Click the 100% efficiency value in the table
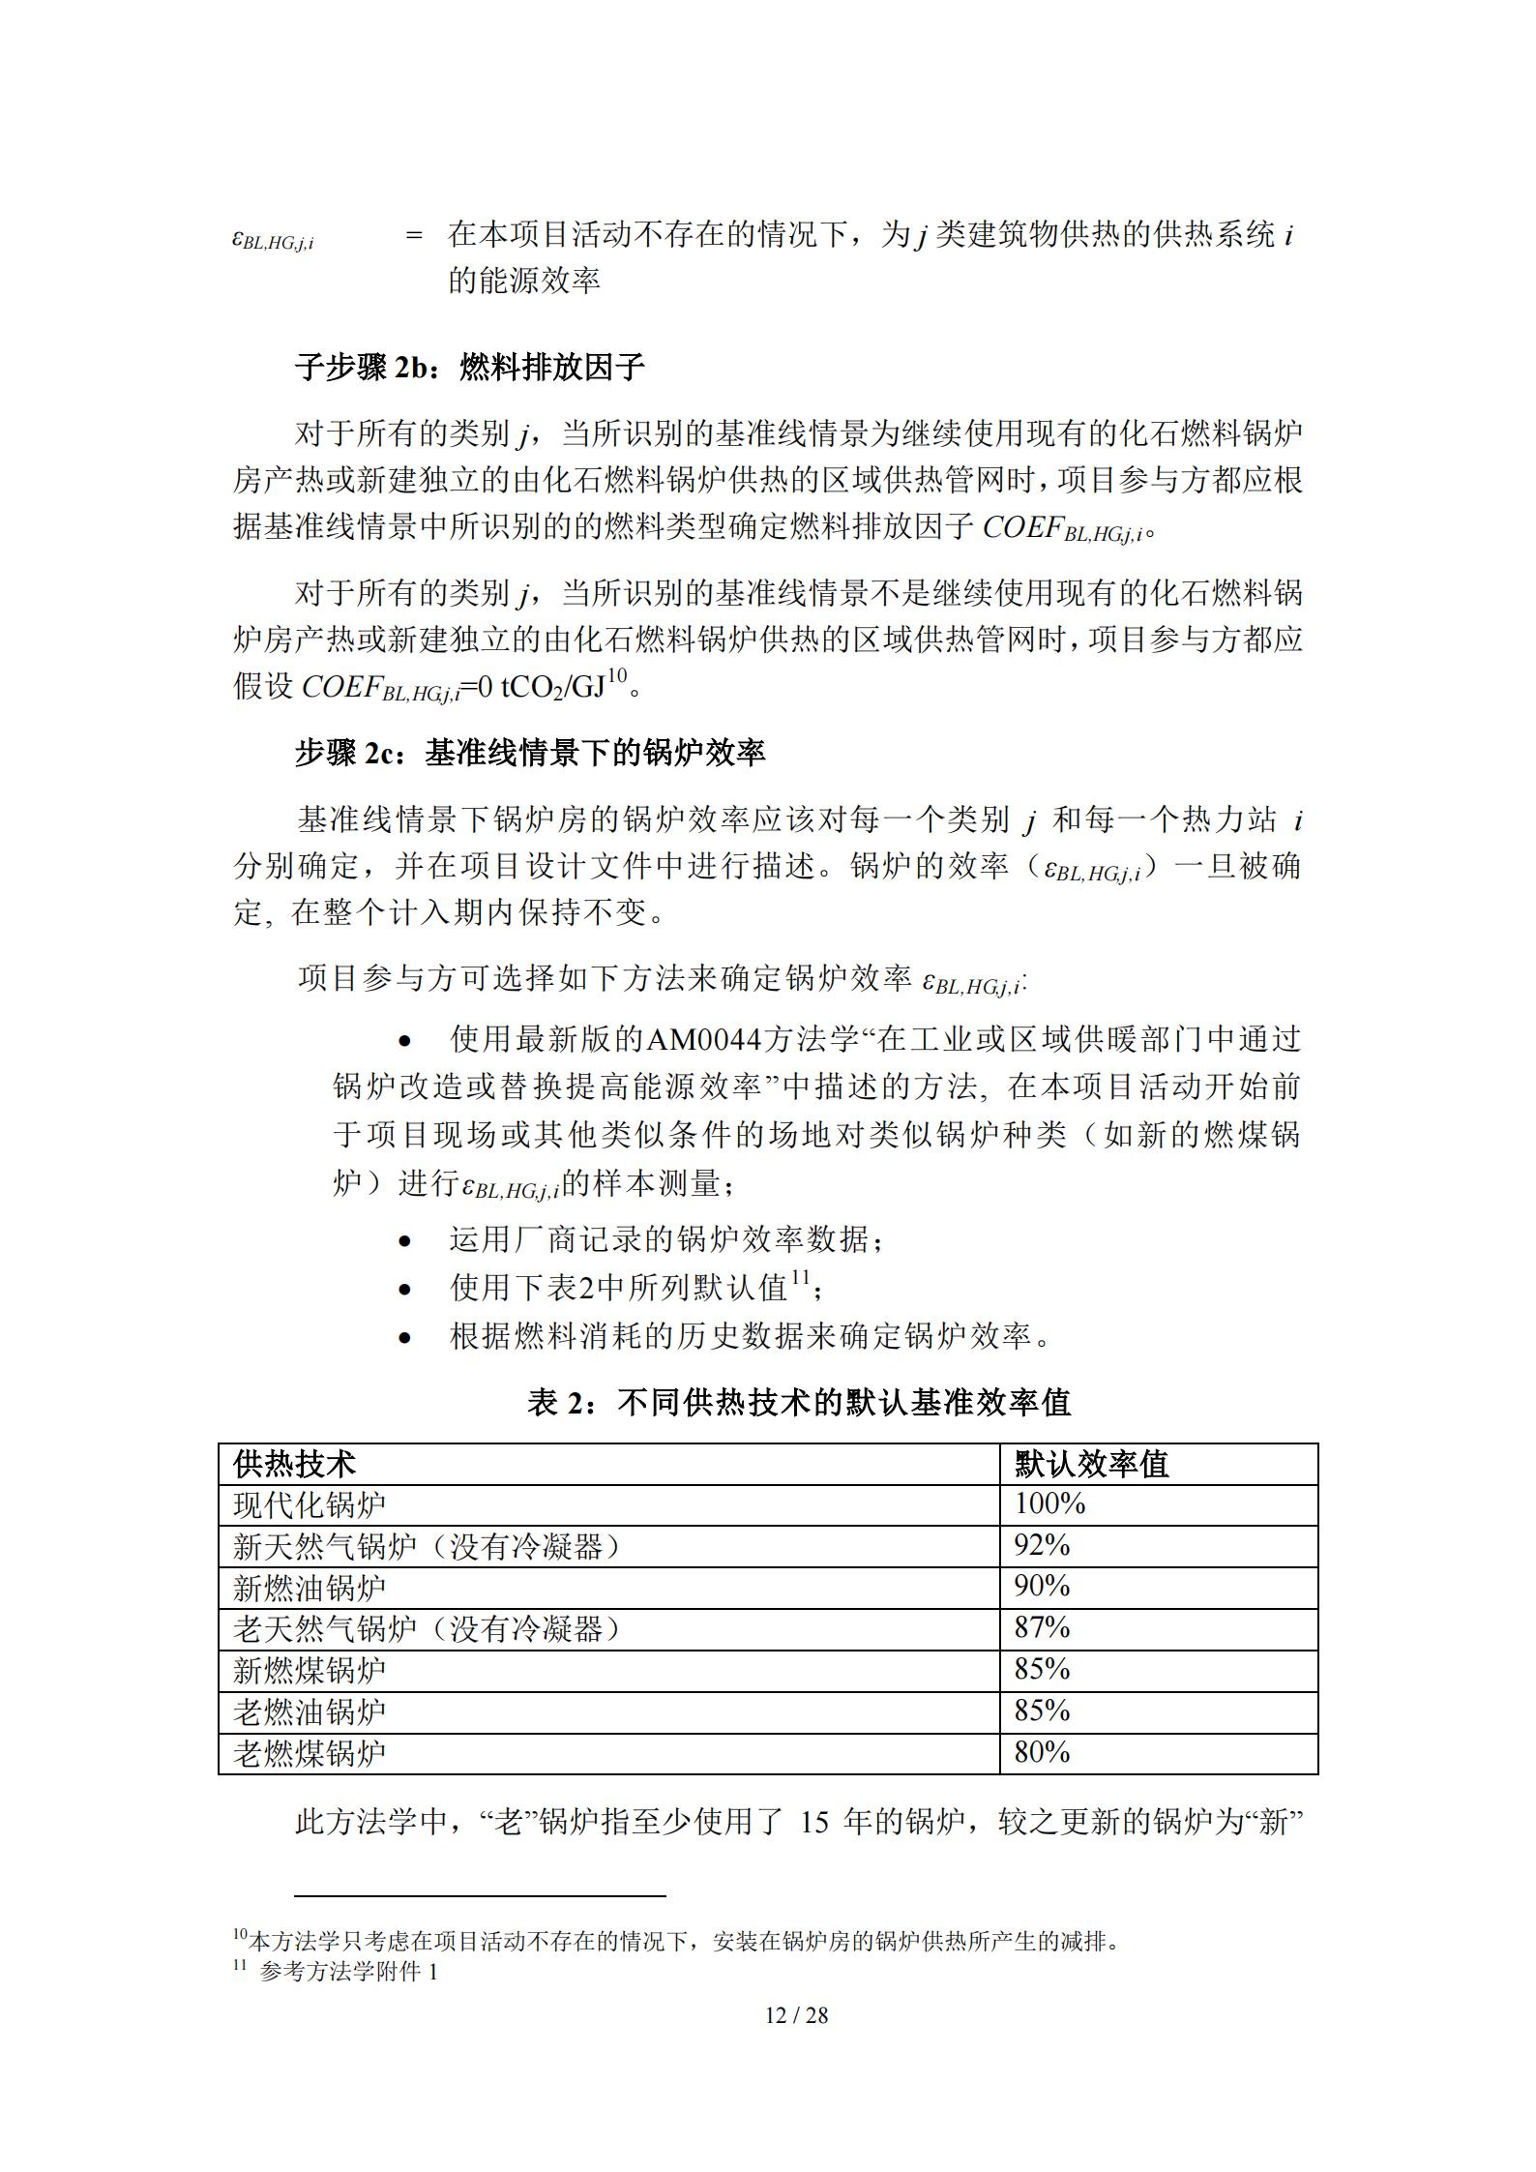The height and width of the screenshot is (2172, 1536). pyautogui.click(x=1049, y=1503)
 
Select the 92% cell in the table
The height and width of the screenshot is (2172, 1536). pyautogui.click(x=1042, y=1545)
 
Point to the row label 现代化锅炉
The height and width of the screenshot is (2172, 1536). pyautogui.click(x=310, y=1504)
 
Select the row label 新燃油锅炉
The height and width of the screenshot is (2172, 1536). pyautogui.click(x=310, y=1587)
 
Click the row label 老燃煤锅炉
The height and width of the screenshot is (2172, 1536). pyautogui.click(x=310, y=1753)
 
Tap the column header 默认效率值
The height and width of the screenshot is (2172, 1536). pyautogui.click(x=1091, y=1464)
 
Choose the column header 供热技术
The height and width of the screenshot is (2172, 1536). pyautogui.click(x=294, y=1464)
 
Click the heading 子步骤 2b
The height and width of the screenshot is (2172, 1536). pyautogui.click(x=470, y=368)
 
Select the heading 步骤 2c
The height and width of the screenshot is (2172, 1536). pyautogui.click(x=530, y=753)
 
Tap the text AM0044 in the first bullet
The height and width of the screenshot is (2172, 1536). pyautogui.click(x=703, y=1040)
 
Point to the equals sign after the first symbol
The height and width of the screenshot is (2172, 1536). pyautogui.click(x=414, y=236)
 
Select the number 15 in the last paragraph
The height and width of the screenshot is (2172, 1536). pyautogui.click(x=815, y=1822)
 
